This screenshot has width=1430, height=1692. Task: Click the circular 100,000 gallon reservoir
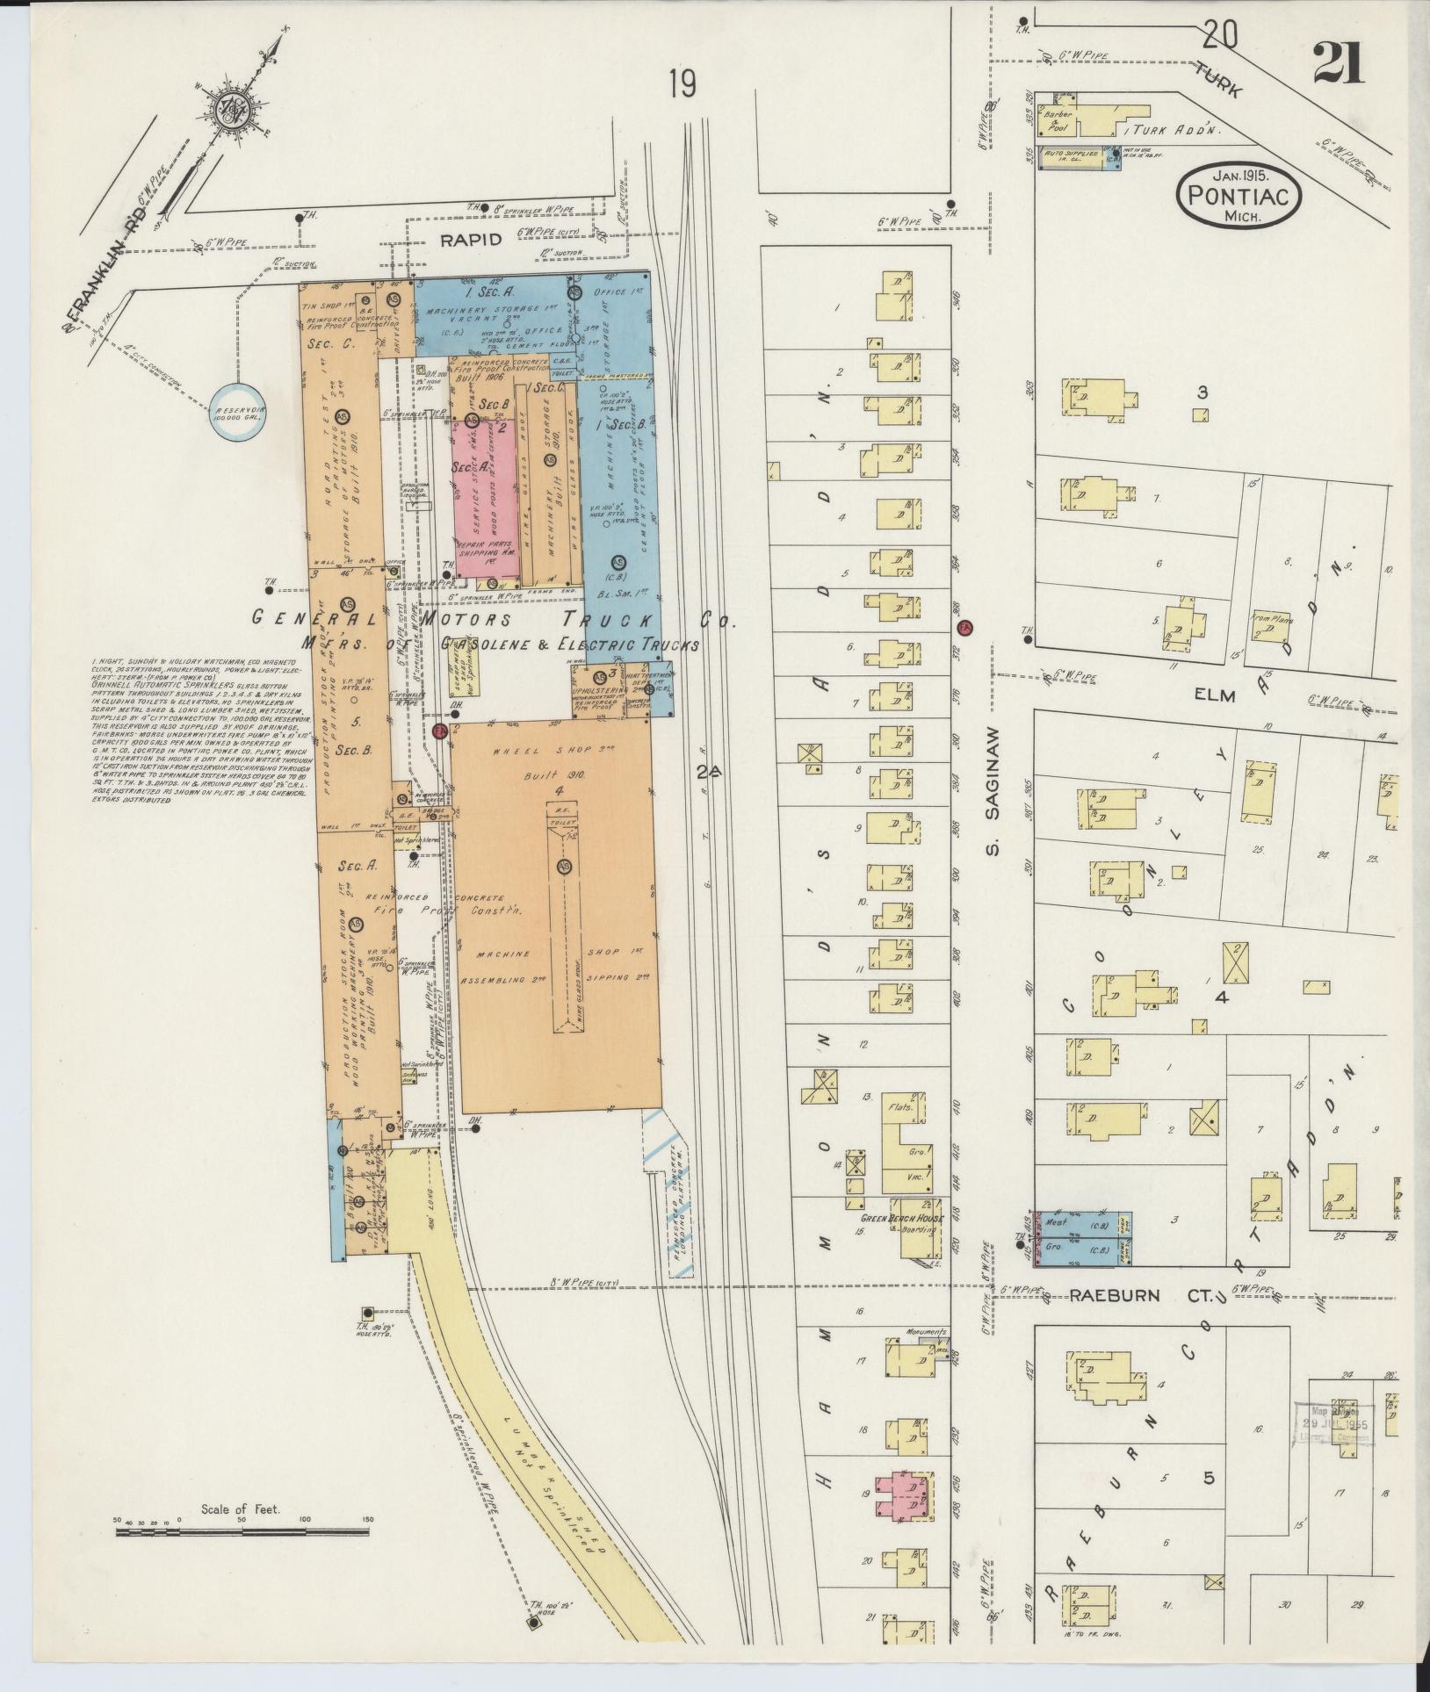[x=238, y=411]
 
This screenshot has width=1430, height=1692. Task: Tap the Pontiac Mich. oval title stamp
[x=1237, y=195]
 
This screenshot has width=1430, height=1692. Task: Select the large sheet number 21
[x=1338, y=63]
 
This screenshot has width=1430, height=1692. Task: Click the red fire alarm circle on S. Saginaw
[x=964, y=629]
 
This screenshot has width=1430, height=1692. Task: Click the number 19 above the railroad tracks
[x=682, y=85]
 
